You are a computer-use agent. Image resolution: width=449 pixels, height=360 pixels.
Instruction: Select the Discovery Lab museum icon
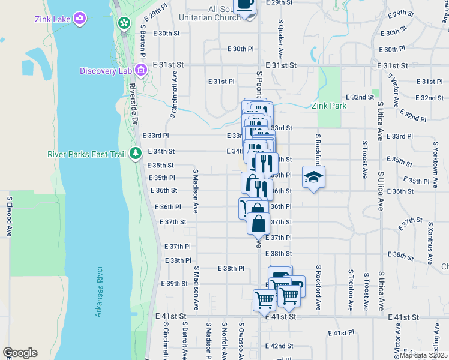click(x=142, y=71)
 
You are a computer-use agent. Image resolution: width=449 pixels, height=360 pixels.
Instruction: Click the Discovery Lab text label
click(x=106, y=71)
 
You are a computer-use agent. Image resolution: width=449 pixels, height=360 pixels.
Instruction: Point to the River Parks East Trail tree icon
click(x=136, y=154)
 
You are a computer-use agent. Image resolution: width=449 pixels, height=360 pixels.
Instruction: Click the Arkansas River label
click(x=99, y=291)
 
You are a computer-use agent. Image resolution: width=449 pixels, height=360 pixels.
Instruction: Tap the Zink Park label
click(x=329, y=106)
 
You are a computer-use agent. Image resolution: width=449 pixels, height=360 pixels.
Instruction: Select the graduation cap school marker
click(x=313, y=177)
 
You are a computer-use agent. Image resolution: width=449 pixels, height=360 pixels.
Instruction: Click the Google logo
click(x=20, y=353)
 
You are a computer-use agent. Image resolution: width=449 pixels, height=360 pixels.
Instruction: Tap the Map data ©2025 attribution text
click(x=424, y=355)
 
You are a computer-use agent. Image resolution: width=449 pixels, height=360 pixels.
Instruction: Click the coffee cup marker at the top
click(x=245, y=5)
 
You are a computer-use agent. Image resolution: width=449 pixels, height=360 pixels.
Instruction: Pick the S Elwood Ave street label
click(x=10, y=216)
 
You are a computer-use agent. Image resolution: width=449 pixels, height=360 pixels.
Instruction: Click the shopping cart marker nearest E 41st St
click(x=264, y=299)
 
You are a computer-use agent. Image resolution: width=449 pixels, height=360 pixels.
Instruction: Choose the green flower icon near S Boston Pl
click(x=124, y=23)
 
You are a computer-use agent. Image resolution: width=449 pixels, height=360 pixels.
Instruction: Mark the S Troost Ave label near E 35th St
click(x=364, y=160)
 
